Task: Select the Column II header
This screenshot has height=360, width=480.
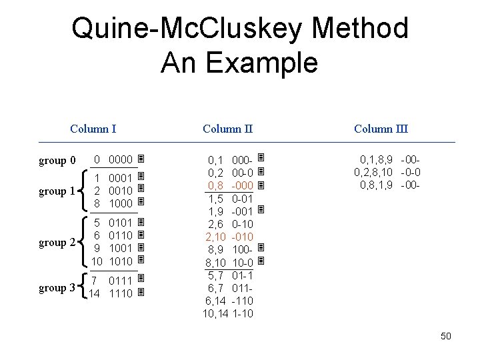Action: point(228,129)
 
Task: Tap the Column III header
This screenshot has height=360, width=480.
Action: point(381,129)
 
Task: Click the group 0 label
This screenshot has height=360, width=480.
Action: point(57,161)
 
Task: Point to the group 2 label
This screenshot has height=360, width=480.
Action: point(57,243)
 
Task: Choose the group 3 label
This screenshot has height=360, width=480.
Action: point(57,288)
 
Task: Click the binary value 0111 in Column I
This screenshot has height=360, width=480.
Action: point(121,281)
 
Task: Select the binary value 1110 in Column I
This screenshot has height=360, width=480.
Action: point(121,293)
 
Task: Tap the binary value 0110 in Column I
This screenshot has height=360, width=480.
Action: point(121,235)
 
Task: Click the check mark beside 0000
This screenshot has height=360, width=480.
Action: point(141,160)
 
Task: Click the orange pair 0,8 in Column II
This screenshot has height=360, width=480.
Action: point(215,185)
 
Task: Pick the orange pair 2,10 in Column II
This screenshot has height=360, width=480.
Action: point(215,237)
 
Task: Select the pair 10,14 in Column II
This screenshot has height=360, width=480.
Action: point(215,313)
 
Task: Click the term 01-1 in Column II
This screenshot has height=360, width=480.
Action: point(243,275)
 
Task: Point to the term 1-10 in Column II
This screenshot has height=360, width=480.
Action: point(243,313)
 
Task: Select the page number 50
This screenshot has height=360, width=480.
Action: point(446,336)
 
